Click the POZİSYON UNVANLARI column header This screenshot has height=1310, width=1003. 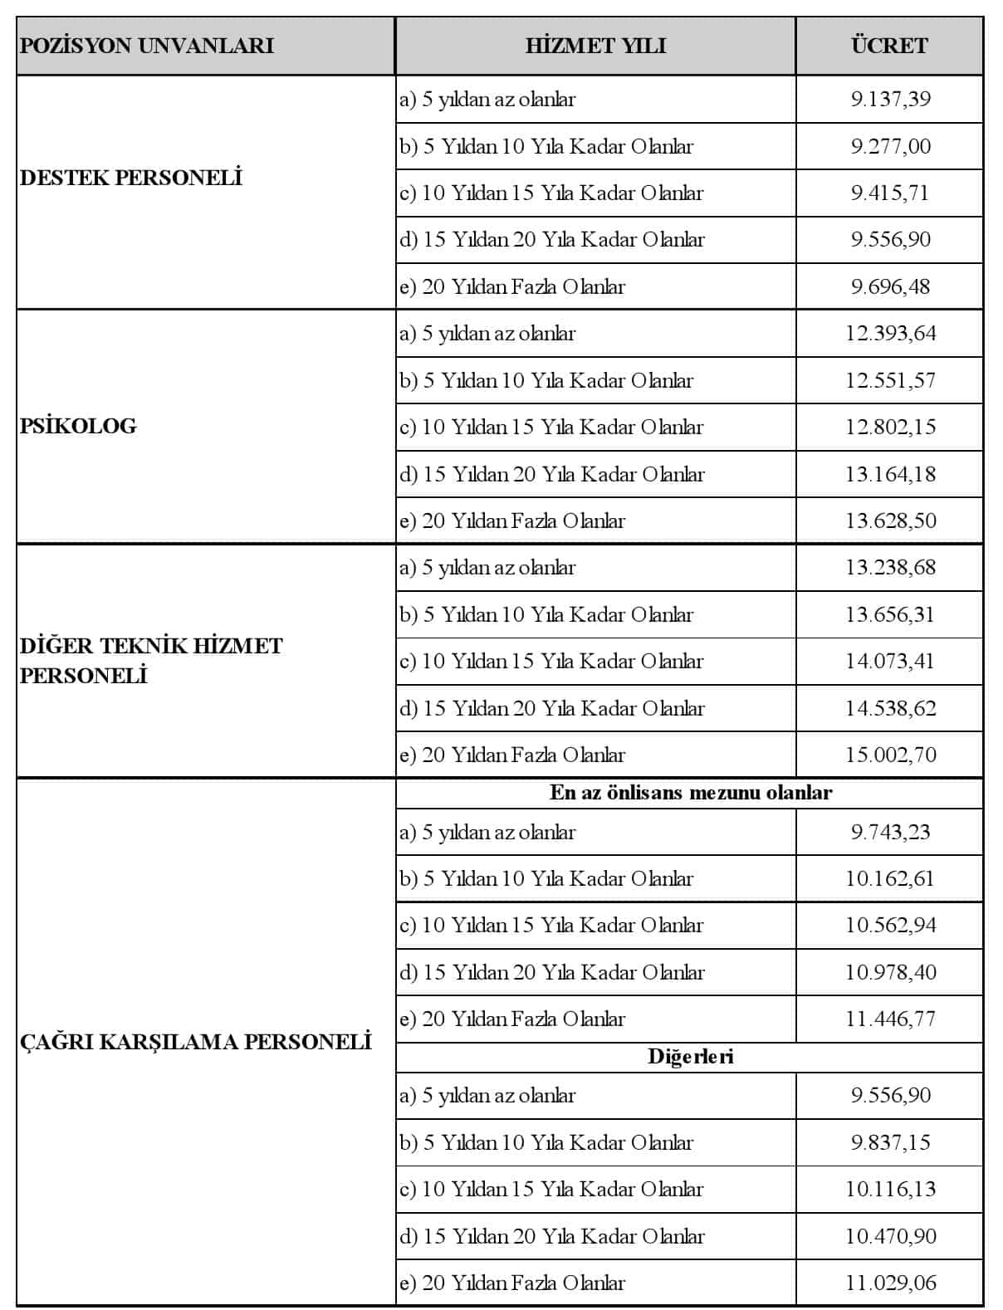pos(146,46)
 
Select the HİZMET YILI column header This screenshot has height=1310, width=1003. pos(595,46)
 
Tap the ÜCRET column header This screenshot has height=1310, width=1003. pos(889,46)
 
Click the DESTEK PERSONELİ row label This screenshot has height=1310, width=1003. pos(130,178)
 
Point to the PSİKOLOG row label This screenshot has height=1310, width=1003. pos(78,426)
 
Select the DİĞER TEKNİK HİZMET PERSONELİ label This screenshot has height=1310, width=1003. pos(150,660)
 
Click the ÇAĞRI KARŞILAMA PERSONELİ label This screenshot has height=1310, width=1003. pos(195,1041)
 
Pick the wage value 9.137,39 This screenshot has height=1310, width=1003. pos(890,100)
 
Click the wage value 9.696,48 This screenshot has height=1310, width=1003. pos(890,286)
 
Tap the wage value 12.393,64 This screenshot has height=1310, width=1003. pos(890,334)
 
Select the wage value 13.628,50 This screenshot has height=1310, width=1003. pos(890,521)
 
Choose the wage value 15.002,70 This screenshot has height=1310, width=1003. pos(890,755)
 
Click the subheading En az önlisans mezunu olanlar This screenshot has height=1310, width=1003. pos(690,793)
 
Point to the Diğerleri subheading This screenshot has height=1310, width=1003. pos(690,1057)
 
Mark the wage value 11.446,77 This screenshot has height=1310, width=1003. pos(890,1019)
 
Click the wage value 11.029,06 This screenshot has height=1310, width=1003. pos(890,1283)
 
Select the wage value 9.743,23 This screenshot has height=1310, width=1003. pos(890,832)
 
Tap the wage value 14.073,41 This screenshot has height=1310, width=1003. pos(890,662)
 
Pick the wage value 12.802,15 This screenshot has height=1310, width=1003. pos(890,428)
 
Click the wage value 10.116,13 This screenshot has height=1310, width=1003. pos(890,1189)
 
